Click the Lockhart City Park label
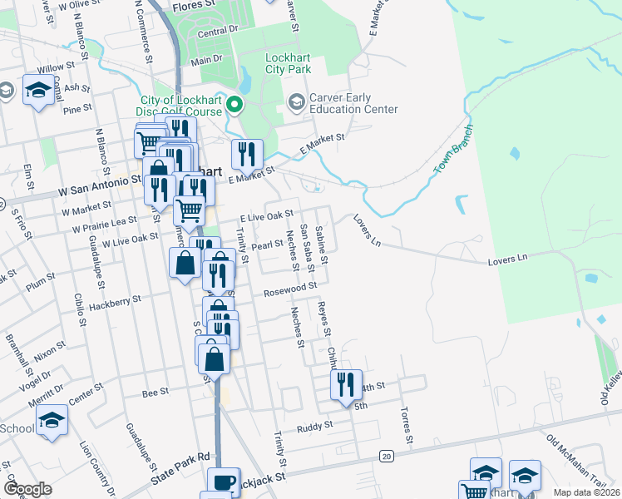pyautogui.click(x=287, y=64)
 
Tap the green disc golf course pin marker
pyautogui.click(x=234, y=105)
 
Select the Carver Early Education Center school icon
pyautogui.click(x=296, y=102)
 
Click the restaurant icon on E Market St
pyautogui.click(x=247, y=154)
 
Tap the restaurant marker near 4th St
pyautogui.click(x=346, y=384)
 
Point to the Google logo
pyautogui.click(x=28, y=489)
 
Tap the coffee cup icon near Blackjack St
pyautogui.click(x=224, y=482)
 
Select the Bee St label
pyautogui.click(x=155, y=390)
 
